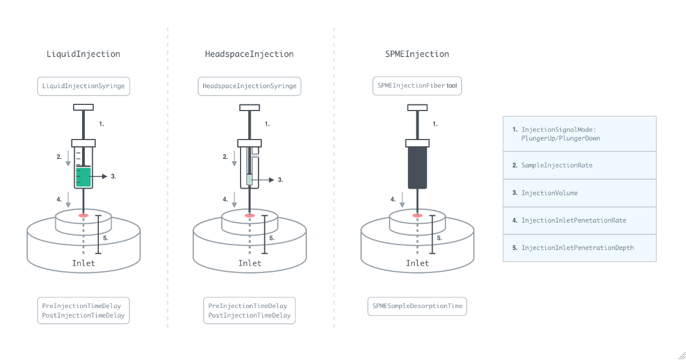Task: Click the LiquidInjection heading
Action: coord(83,54)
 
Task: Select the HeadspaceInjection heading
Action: coord(249,54)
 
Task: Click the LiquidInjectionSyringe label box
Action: coord(84,87)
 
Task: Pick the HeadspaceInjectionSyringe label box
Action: coord(250,87)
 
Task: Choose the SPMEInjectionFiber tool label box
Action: coord(417,86)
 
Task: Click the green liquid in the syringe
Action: coord(83,177)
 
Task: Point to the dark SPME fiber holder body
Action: coord(418,167)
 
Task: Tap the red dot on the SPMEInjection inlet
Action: coord(417,215)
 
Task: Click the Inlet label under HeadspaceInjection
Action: coord(250,263)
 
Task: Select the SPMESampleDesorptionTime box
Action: coord(417,306)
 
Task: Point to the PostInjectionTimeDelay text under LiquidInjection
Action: coord(84,315)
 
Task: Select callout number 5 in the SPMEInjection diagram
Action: coord(439,237)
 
